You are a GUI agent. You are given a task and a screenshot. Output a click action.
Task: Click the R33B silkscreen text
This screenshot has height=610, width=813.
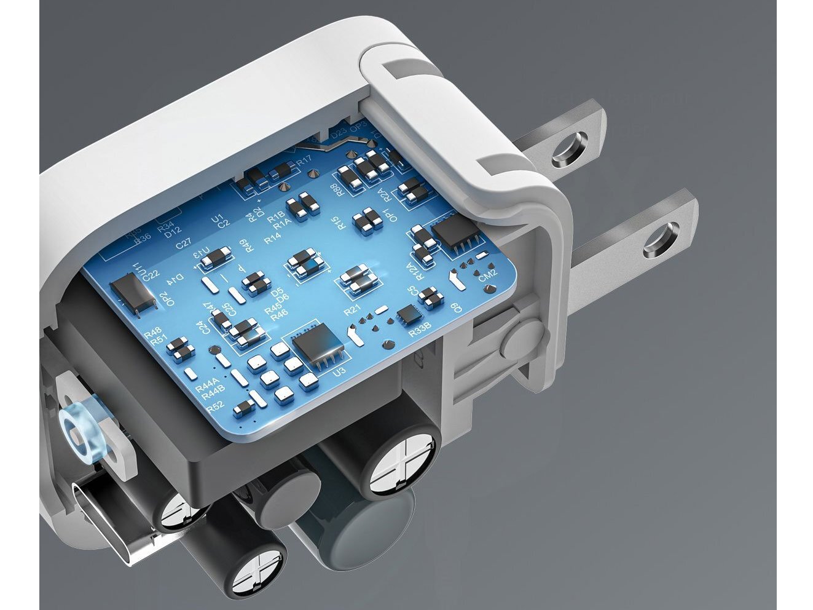[419, 333]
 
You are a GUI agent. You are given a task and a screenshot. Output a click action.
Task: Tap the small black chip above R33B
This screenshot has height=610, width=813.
[408, 315]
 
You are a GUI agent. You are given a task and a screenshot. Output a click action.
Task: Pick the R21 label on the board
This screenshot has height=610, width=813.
[353, 311]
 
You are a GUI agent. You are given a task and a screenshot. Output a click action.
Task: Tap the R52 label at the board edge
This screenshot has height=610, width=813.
[215, 406]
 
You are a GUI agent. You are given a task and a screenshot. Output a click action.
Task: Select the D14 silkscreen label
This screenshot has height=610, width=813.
[179, 280]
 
